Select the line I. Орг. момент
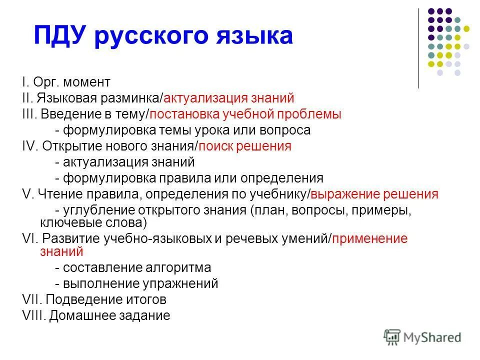click(72, 82)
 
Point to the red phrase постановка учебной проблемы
click(245, 114)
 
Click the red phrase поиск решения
click(245, 146)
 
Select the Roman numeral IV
click(31, 146)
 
